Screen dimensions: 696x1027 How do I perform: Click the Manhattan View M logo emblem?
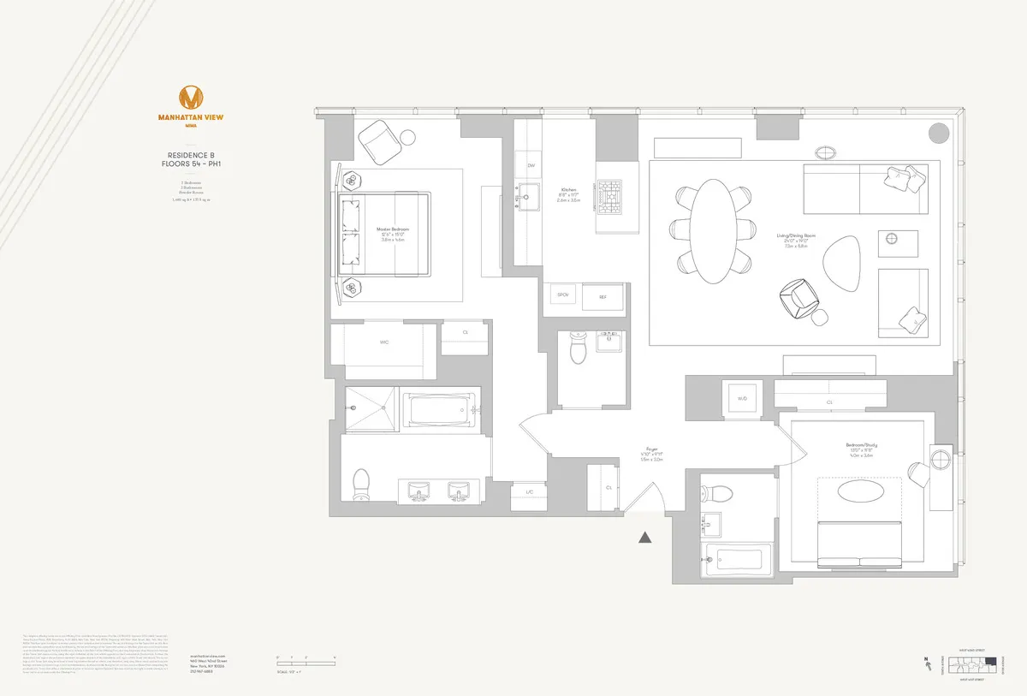pos(190,98)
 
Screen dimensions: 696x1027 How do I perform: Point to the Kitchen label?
pos(569,189)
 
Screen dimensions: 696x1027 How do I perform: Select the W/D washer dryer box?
pos(742,398)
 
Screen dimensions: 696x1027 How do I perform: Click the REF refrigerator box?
pos(603,297)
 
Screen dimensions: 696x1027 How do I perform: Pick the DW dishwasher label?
pos(531,165)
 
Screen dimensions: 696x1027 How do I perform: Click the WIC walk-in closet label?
pos(385,342)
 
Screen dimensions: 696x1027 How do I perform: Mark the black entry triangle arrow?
pos(646,538)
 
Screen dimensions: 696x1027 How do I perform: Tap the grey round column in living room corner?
pos(939,133)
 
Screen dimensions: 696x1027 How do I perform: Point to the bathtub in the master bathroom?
pos(438,409)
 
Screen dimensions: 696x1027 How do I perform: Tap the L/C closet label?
pos(530,492)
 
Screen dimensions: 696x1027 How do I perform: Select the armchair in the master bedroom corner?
pos(376,140)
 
